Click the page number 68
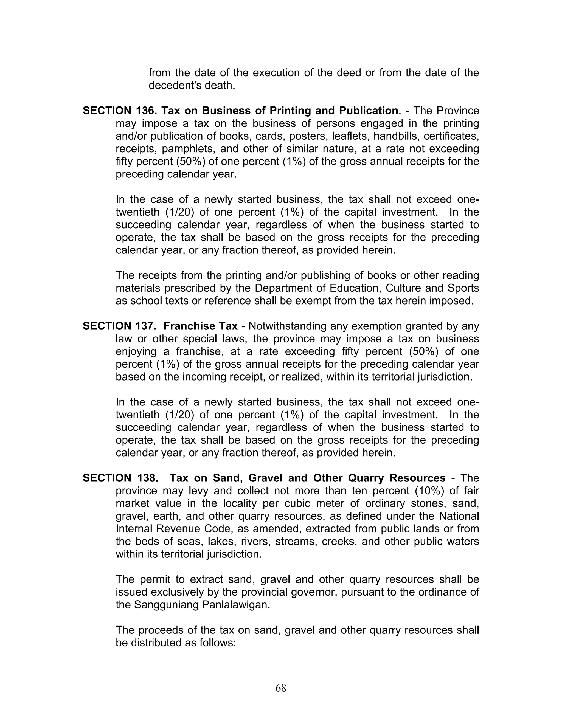[x=281, y=688]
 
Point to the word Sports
[x=463, y=288]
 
